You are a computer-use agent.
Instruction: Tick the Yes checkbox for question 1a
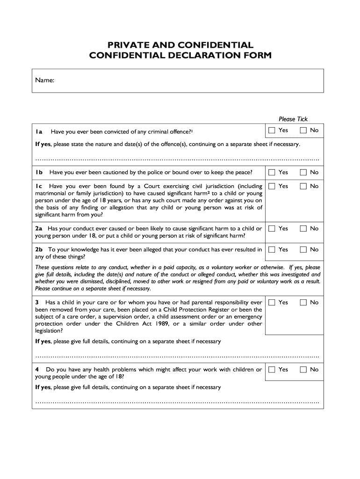click(x=272, y=130)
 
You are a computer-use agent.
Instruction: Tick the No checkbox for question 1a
click(x=303, y=130)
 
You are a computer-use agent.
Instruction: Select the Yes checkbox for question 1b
click(x=272, y=172)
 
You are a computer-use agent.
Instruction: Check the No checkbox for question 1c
click(x=303, y=186)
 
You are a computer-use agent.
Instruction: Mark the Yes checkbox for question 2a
click(x=272, y=228)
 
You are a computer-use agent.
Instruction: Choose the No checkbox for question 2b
click(x=303, y=250)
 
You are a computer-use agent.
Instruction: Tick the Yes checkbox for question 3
click(x=272, y=303)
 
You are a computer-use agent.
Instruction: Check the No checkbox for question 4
click(x=303, y=370)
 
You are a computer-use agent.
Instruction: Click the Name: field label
click(x=45, y=80)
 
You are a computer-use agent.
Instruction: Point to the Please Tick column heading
click(x=293, y=119)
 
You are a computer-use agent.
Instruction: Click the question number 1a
click(x=39, y=131)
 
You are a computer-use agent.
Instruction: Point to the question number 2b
click(x=39, y=250)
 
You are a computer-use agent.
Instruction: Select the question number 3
click(x=37, y=303)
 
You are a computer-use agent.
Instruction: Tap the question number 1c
click(x=39, y=186)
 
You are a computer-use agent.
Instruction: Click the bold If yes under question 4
click(x=43, y=387)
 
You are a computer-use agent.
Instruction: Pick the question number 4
click(x=37, y=370)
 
